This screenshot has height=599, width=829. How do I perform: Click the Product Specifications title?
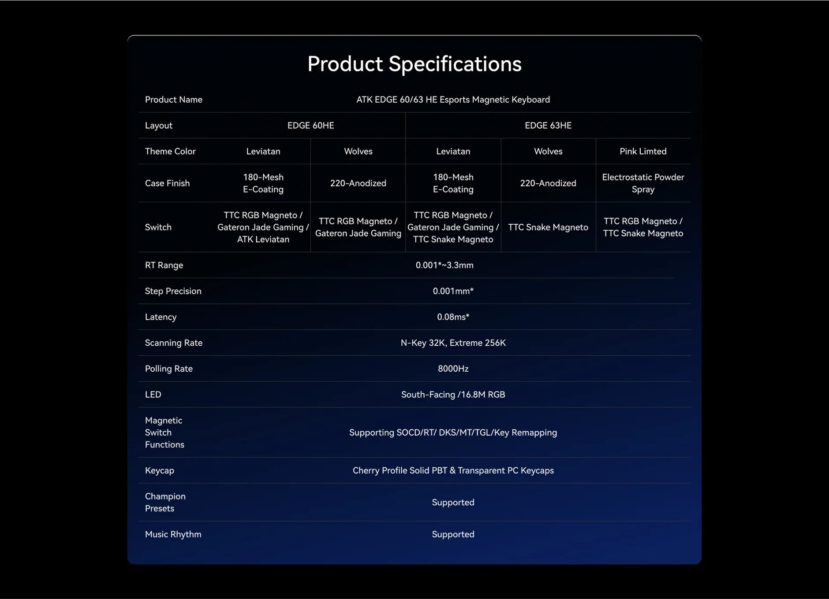click(x=414, y=64)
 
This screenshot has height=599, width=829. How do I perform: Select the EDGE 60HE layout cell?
click(x=311, y=126)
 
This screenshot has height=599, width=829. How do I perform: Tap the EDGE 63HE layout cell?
click(x=548, y=126)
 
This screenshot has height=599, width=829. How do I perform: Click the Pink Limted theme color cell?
click(x=643, y=152)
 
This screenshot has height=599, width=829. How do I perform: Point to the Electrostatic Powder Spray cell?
click(x=643, y=183)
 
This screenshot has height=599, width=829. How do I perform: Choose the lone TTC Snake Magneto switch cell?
click(x=548, y=227)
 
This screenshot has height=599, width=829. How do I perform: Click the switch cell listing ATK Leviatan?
click(x=263, y=227)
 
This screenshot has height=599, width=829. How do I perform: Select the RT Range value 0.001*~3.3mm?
click(x=444, y=265)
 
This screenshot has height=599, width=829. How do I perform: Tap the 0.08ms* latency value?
click(x=453, y=317)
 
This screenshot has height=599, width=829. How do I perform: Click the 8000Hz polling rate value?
click(x=453, y=369)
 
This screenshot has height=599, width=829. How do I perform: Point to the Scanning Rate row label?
click(x=174, y=343)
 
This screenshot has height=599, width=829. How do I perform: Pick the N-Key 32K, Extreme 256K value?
click(x=453, y=343)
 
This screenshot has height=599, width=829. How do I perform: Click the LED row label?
click(x=153, y=395)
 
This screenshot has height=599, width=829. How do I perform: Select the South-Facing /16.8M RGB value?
click(x=453, y=395)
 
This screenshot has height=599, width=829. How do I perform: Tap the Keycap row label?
click(x=160, y=471)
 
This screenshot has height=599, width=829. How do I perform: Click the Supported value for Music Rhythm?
click(x=453, y=535)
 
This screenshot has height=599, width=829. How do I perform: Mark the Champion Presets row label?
click(x=165, y=503)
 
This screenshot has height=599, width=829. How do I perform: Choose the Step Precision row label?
click(x=173, y=291)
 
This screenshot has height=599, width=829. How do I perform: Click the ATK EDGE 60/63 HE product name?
click(x=453, y=100)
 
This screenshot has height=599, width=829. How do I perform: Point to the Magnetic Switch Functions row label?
click(x=164, y=433)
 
